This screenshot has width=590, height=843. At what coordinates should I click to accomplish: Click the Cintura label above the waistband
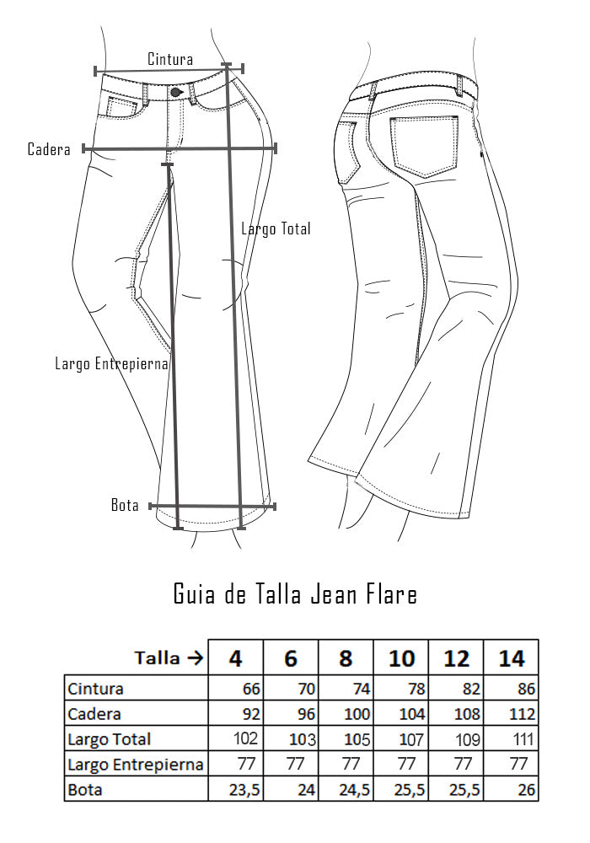point(169,59)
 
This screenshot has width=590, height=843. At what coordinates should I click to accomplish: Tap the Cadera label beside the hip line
point(49,149)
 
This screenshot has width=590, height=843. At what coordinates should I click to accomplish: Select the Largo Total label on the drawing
point(276,229)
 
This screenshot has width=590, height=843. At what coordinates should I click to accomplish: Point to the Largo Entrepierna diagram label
point(112,363)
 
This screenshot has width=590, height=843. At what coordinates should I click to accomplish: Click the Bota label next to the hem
point(125,505)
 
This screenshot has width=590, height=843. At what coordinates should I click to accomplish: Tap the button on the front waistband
point(176,93)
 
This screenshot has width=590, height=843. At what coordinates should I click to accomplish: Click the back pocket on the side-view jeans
point(425,146)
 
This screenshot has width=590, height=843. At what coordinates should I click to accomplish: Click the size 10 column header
point(401,658)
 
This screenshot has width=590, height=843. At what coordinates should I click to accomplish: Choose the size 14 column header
point(511,658)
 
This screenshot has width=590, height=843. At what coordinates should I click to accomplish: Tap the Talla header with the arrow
point(169,658)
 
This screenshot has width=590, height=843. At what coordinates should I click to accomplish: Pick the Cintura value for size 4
point(251,689)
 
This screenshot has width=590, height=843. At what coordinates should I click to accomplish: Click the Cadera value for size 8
point(357,714)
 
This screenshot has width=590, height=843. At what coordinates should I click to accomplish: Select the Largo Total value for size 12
point(468,739)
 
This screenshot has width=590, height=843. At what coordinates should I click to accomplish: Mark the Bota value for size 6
point(306,790)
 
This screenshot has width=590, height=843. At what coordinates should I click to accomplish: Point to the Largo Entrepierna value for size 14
point(518,764)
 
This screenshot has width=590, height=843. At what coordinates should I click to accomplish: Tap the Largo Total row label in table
point(109,740)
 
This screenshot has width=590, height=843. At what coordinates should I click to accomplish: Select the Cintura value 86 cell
point(526,689)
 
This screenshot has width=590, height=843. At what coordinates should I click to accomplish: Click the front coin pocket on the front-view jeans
point(122,106)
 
